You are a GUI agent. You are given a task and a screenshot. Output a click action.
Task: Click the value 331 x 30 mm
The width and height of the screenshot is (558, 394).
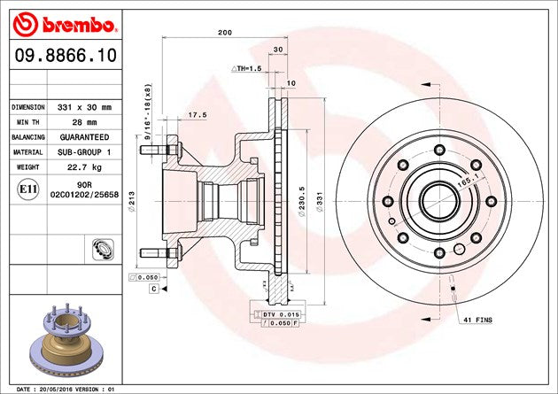coord(85,106)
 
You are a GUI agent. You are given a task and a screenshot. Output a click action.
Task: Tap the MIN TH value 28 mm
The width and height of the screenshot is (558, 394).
coord(85,122)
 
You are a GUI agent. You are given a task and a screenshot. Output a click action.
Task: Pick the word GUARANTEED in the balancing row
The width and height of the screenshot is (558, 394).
coord(85,137)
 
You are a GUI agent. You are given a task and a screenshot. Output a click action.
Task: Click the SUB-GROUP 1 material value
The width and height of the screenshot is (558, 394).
coord(85,152)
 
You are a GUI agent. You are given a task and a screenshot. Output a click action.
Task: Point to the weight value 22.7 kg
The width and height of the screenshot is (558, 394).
coord(85,167)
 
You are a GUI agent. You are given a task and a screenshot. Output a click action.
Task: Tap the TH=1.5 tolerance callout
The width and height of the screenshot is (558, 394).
coord(248,68)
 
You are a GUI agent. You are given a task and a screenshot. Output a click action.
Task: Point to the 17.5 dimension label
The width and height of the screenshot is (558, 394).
coord(198,115)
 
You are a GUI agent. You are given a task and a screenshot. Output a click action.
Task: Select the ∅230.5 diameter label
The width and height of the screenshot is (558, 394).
coord(303,200)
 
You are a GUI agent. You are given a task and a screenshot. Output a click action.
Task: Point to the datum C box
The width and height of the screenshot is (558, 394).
coord(153,289)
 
